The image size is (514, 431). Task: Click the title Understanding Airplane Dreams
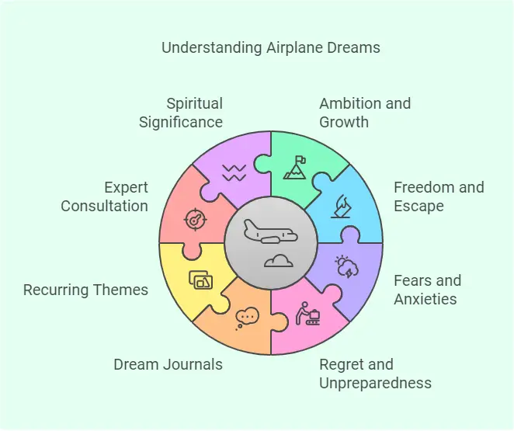pos(271,47)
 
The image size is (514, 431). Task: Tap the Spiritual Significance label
pos(181,113)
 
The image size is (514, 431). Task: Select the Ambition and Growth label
pos(365,113)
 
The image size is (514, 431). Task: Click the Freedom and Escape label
pos(439,196)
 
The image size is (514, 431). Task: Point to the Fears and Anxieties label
pos(428,290)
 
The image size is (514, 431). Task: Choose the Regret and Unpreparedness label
pos(375,374)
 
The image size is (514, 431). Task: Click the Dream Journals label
pos(168,364)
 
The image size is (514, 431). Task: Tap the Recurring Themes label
pos(85,290)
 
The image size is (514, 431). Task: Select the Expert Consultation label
pos(105,196)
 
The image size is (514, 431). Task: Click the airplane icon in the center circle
pos(270,231)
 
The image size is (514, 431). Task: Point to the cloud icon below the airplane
pos(278,261)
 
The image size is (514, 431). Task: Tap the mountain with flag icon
pos(295,168)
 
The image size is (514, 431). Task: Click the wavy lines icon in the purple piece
pos(234,172)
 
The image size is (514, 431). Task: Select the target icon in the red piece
pos(196,219)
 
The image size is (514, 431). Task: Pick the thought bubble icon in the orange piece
pos(247,318)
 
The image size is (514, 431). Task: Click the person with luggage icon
pos(307,314)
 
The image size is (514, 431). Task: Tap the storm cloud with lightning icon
pos(346,266)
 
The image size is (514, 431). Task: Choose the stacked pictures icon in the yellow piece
pos(200,280)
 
